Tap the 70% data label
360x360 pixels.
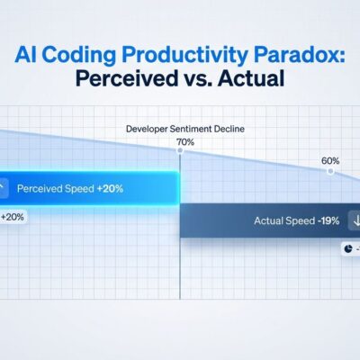click(185, 141)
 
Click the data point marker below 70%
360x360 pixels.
click(180, 150)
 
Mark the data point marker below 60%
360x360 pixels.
click(330, 170)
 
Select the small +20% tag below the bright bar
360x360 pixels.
click(13, 217)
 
